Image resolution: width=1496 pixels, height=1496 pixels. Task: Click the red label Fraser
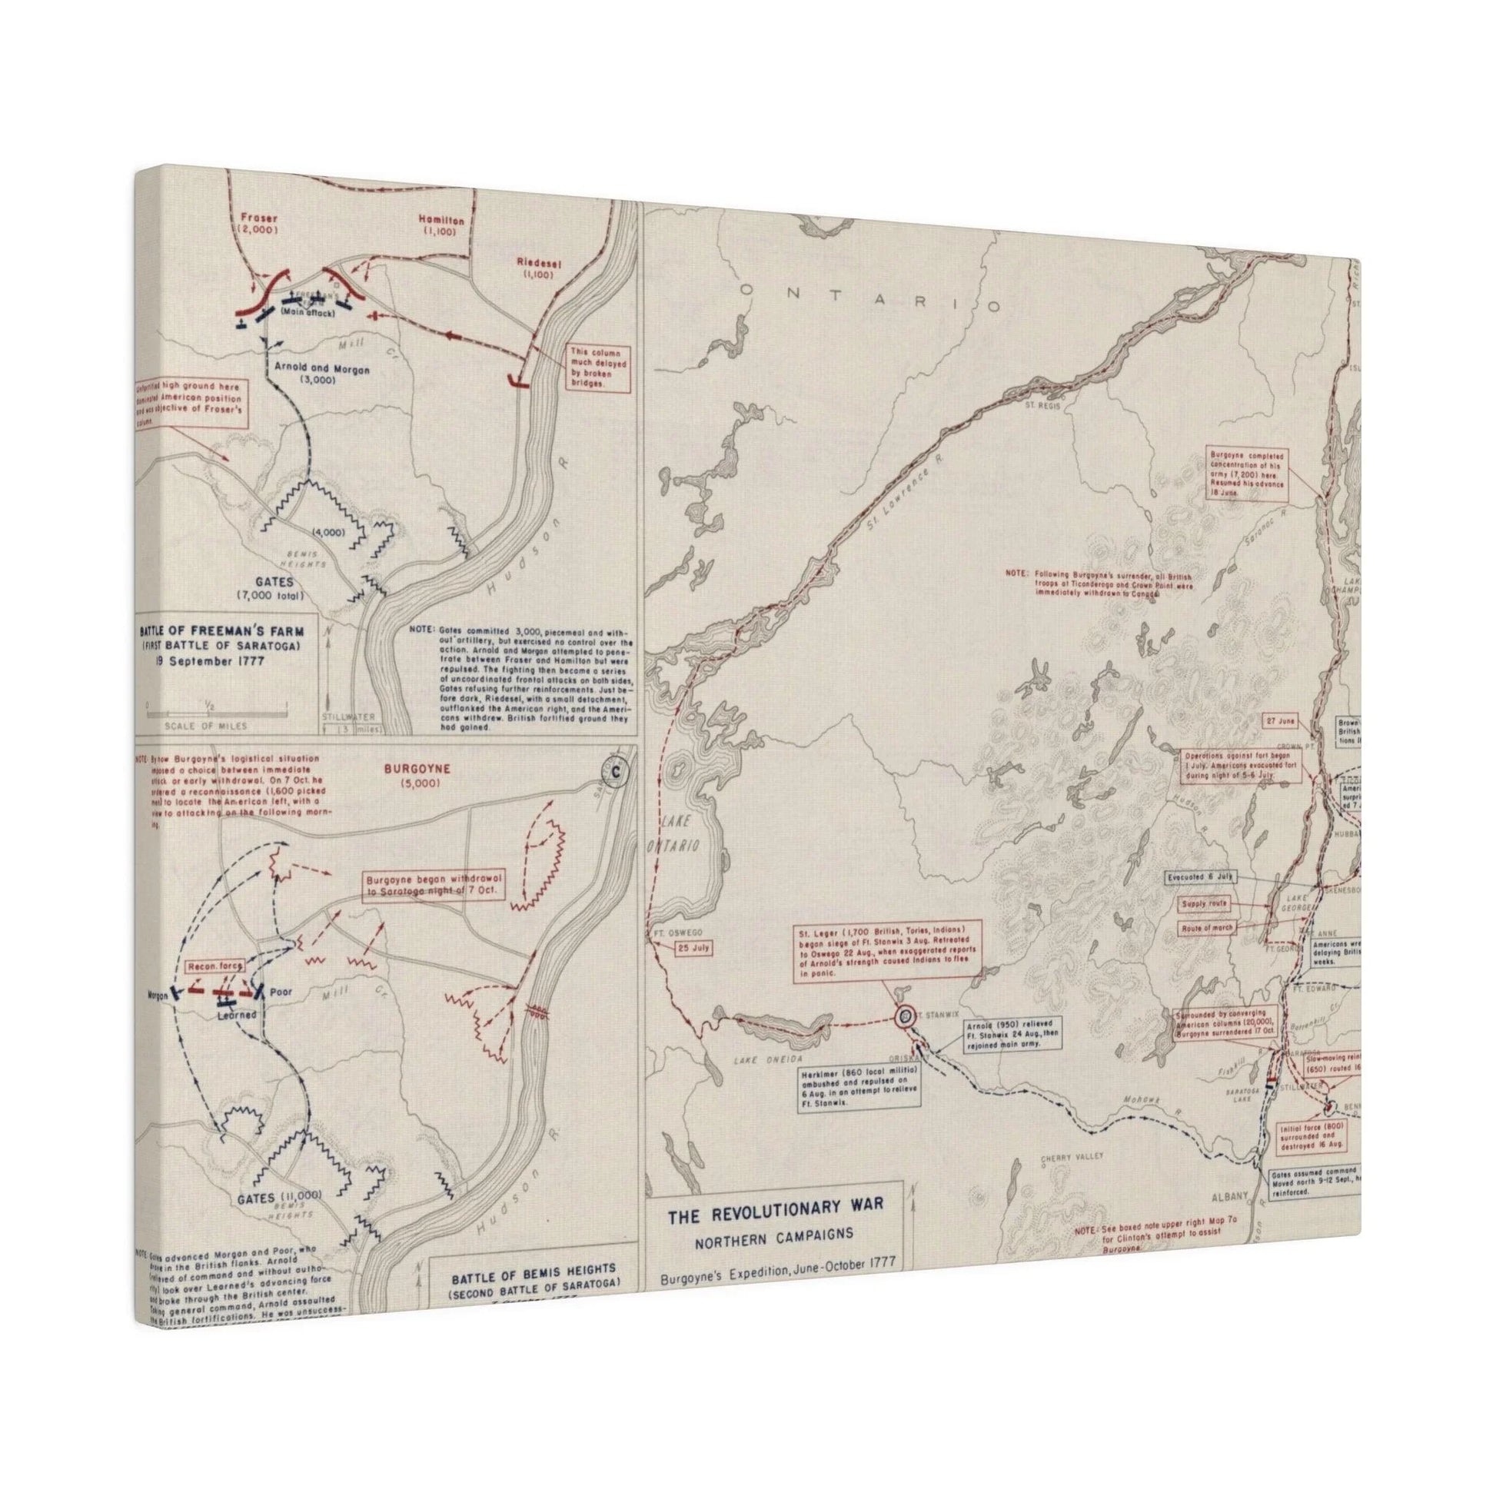point(258,218)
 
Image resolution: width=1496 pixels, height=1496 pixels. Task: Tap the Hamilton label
point(440,221)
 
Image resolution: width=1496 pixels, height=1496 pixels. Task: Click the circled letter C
point(617,772)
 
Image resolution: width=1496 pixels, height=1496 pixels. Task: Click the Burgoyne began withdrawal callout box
point(434,885)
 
